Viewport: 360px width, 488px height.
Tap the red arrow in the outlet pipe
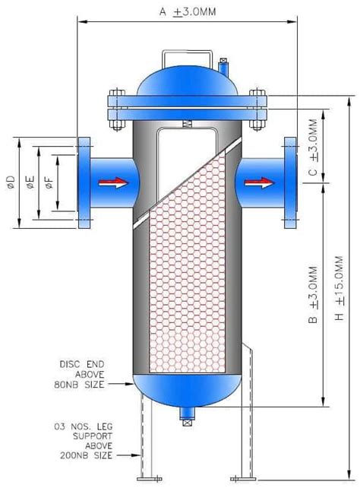click(x=259, y=182)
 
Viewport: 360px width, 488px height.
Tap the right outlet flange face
click(x=289, y=182)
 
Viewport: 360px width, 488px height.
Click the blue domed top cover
click(x=185, y=82)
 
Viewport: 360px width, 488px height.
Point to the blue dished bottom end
click(x=185, y=391)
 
